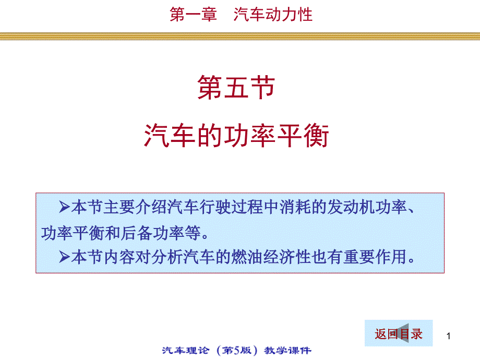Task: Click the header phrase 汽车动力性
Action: click(x=273, y=15)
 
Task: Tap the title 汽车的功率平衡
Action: click(x=236, y=137)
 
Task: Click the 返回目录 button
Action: click(x=398, y=334)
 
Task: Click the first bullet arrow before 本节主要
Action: click(x=65, y=208)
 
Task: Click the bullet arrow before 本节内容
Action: click(x=65, y=257)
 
